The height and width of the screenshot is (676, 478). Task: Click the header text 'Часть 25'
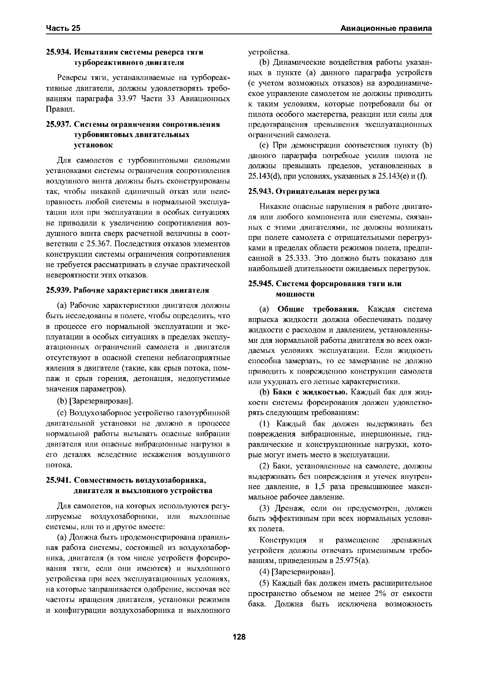pos(63,28)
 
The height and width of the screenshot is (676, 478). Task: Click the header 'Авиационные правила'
pos(386,28)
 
